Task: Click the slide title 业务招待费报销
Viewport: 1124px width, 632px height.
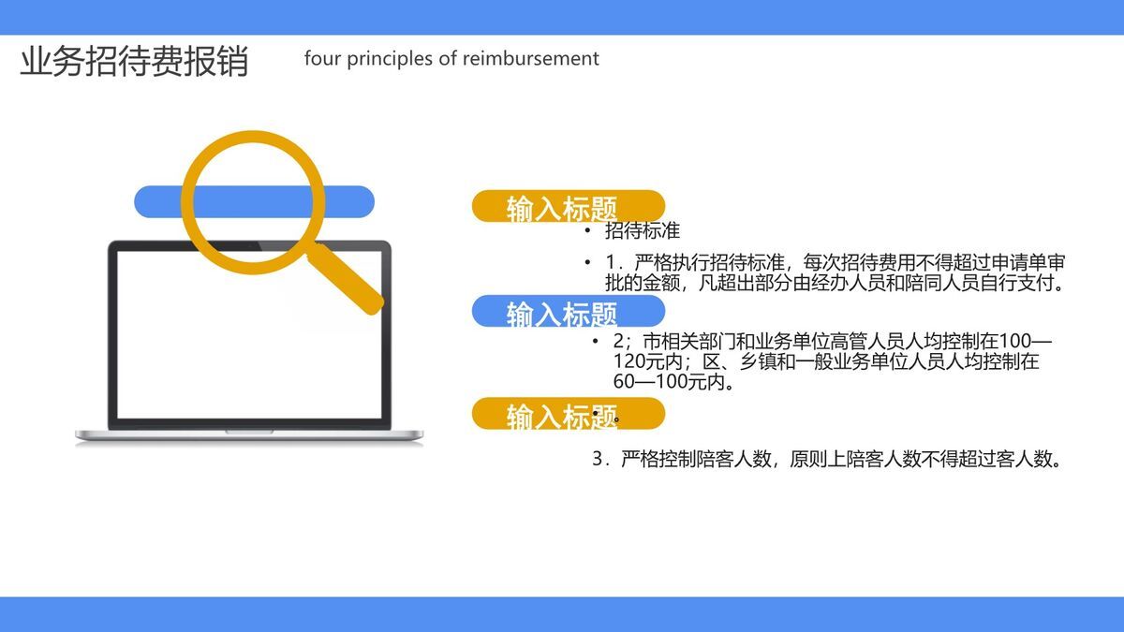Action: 134,61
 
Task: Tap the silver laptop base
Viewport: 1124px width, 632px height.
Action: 249,435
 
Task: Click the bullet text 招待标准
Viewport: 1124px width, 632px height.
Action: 643,230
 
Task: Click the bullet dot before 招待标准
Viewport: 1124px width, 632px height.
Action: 587,230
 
